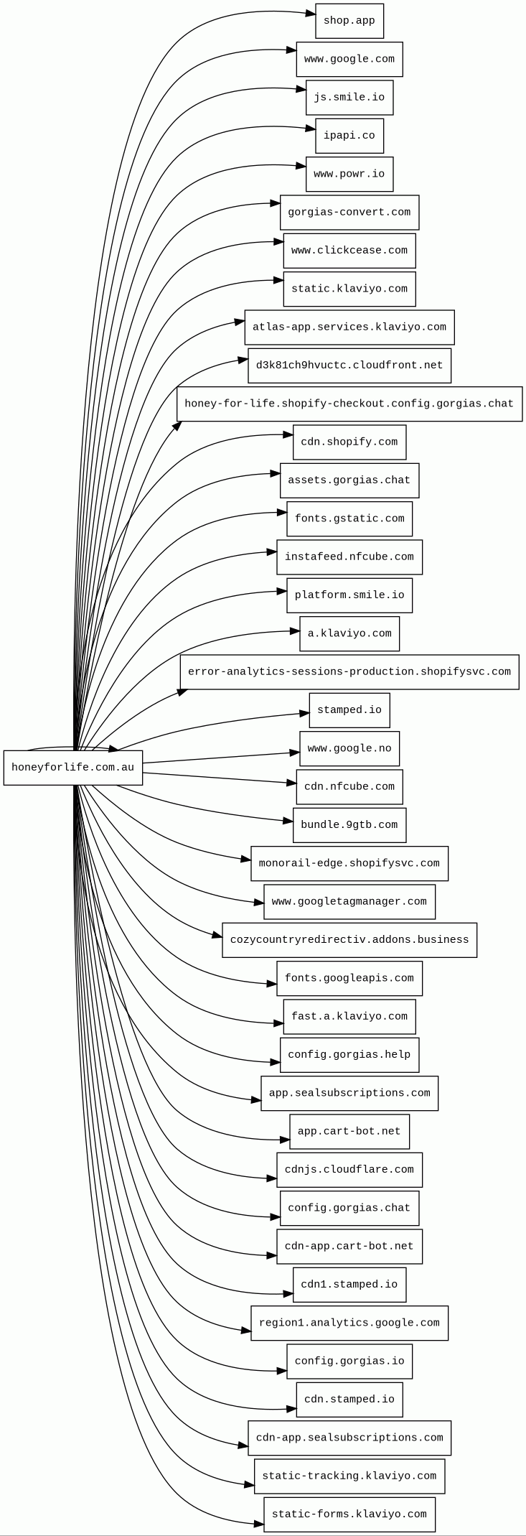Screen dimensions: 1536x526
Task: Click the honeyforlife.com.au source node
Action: point(72,767)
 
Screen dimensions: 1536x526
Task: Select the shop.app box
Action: point(349,21)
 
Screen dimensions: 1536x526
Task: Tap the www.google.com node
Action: point(349,59)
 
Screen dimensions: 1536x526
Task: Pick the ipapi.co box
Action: point(349,136)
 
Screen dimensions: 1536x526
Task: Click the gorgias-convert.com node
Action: point(349,213)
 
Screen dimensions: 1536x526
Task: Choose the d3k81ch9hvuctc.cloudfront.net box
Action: point(349,366)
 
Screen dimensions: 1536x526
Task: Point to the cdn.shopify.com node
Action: point(349,442)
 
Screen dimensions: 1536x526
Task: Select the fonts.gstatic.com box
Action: point(349,518)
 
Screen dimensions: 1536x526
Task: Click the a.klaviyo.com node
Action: point(349,633)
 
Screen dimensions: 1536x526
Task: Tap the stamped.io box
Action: point(349,710)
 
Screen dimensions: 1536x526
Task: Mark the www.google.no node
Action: point(349,748)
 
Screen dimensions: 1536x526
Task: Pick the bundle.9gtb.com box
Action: point(349,825)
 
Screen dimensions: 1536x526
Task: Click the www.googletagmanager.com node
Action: point(349,901)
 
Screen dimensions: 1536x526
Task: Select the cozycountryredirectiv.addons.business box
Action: point(349,940)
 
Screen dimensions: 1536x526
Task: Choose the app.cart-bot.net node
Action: point(349,1131)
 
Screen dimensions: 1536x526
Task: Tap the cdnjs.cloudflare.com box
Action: point(349,1170)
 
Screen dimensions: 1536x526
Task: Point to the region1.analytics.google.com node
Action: point(349,1323)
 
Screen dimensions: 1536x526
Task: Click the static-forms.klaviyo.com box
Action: point(349,1514)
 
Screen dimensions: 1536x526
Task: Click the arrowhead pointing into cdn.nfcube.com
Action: point(291,782)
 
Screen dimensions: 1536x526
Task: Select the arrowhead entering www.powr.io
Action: point(301,167)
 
